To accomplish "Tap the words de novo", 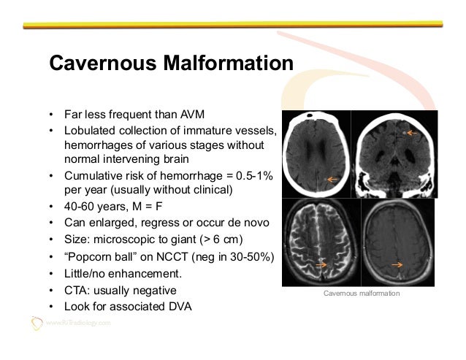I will coord(248,223).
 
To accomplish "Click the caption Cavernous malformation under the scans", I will coord(362,293).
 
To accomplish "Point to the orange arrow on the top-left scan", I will coord(333,179).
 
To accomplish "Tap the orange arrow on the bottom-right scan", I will coord(397,264).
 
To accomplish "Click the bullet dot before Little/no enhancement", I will coord(51,275).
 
